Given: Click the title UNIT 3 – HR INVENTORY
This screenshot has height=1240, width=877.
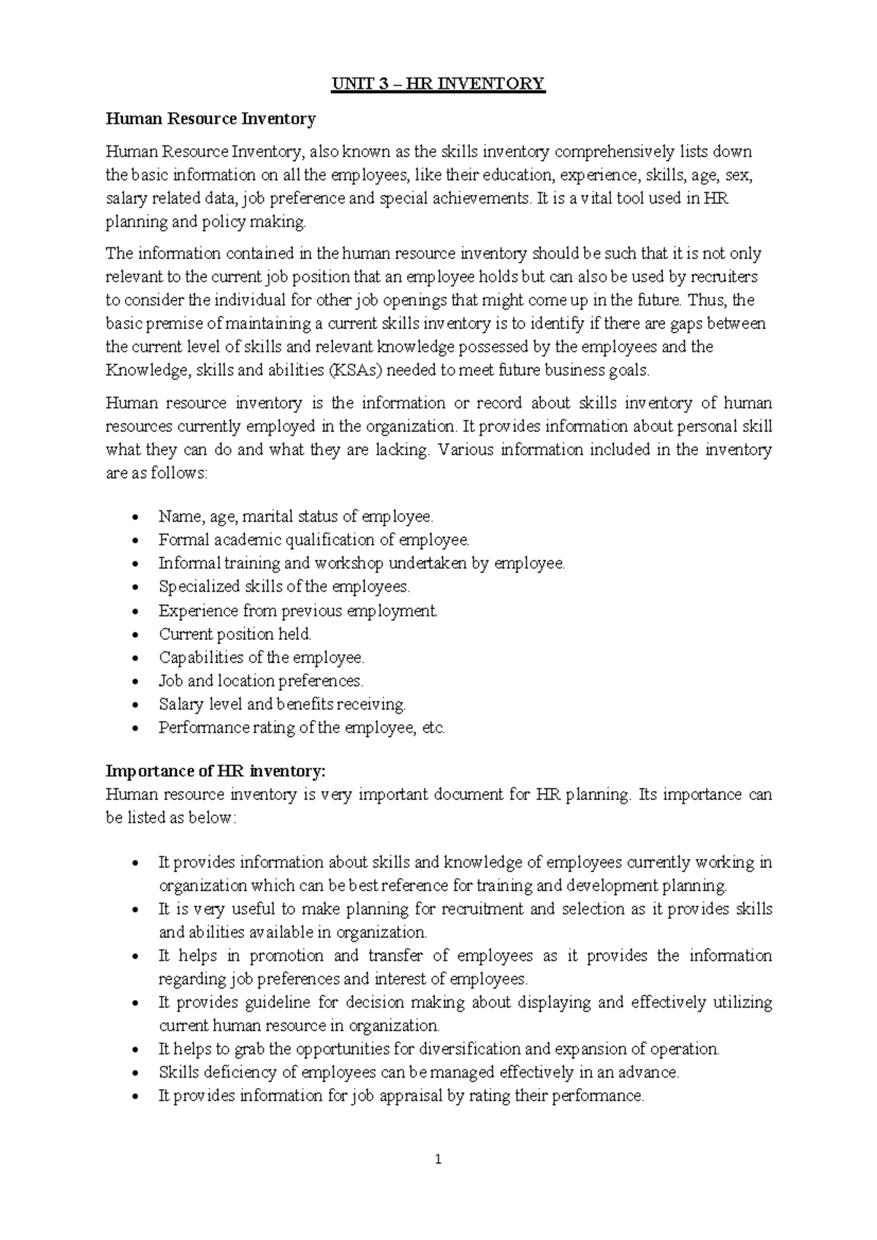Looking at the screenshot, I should click(x=438, y=84).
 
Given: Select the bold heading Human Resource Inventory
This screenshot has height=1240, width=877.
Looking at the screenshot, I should click(x=210, y=118).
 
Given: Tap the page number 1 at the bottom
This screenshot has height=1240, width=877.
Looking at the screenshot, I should click(x=438, y=1159).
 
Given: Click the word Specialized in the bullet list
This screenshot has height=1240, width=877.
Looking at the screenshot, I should click(x=189, y=586).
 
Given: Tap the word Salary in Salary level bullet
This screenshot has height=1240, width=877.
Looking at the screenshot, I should click(x=178, y=704).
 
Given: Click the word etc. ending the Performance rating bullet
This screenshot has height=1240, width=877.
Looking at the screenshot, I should click(x=434, y=727).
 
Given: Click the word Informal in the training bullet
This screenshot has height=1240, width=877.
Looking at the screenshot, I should click(x=189, y=563).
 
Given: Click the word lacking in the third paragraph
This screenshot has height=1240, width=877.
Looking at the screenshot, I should click(x=400, y=450).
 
